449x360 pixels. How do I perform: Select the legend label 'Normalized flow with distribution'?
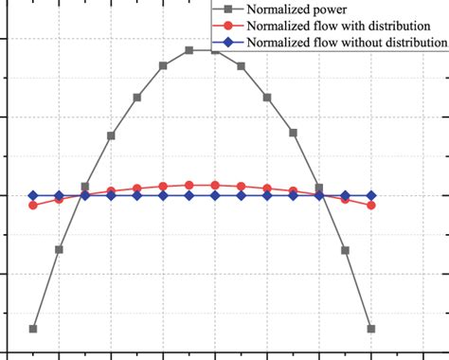coord(337,27)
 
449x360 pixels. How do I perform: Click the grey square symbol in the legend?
coord(227,10)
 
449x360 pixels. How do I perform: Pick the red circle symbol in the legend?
coord(227,27)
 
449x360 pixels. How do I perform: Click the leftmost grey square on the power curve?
coord(34,329)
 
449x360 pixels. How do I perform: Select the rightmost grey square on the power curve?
coord(370,329)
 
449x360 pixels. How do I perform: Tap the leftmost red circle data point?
coord(34,205)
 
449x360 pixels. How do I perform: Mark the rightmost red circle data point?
coord(370,205)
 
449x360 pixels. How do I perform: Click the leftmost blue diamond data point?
coord(34,195)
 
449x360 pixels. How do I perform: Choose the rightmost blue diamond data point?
coord(370,195)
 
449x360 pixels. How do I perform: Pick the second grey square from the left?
coord(60,250)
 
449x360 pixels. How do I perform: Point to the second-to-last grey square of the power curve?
coord(345,250)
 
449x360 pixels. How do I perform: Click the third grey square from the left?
coord(85,187)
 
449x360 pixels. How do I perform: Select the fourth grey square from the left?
coord(112,135)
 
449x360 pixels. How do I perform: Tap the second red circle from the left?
coord(60,199)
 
